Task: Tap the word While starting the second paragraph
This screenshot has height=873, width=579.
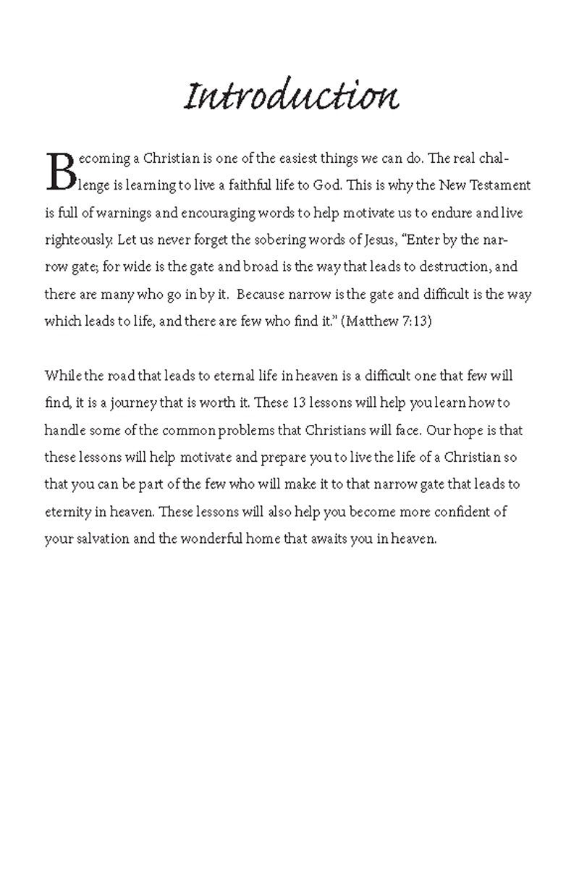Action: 62,376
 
